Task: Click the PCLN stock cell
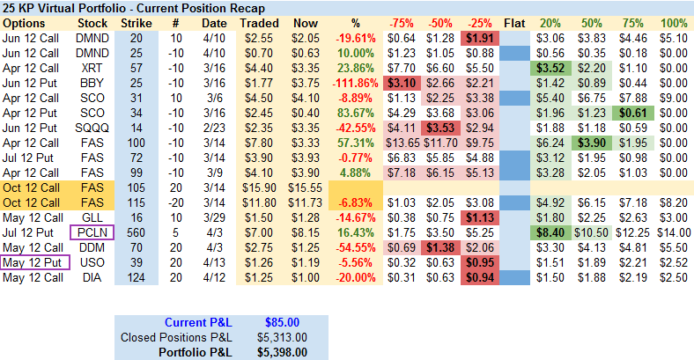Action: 92,231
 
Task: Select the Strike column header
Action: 136,21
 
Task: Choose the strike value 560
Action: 136,231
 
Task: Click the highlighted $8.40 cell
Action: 550,231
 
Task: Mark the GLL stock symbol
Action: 92,217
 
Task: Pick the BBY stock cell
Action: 92,82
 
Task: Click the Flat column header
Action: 515,21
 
